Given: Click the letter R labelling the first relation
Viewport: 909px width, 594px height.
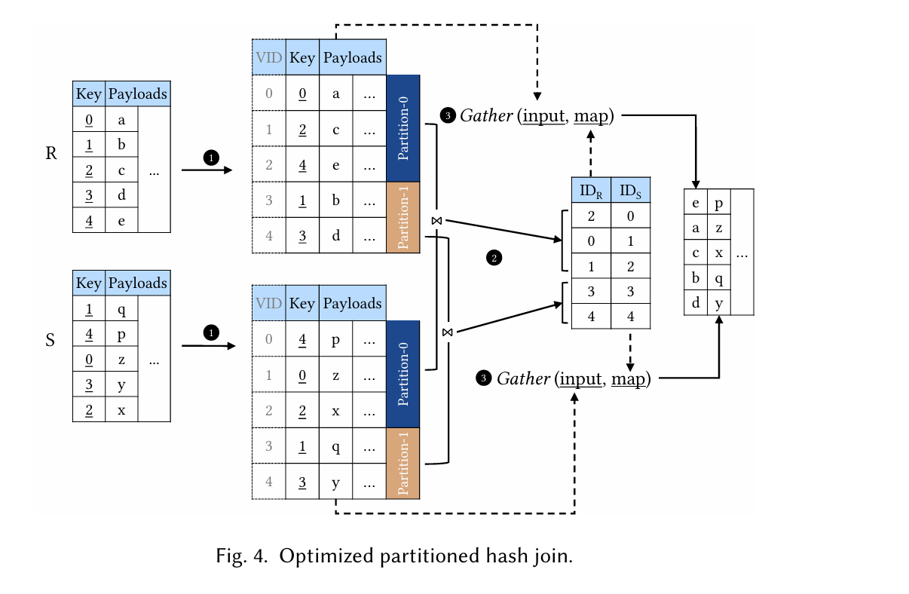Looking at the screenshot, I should [x=51, y=154].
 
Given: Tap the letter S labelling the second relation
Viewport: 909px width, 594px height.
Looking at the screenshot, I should [x=50, y=340].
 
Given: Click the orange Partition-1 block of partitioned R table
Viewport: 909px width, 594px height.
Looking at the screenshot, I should [x=402, y=217].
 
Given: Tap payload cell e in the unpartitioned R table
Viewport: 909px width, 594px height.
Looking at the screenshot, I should [x=122, y=221].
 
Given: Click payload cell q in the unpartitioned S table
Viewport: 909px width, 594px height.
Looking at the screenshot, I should [x=122, y=309].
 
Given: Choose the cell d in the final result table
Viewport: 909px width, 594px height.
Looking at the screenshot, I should [x=696, y=303].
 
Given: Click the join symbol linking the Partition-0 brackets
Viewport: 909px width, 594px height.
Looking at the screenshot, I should [x=436, y=220].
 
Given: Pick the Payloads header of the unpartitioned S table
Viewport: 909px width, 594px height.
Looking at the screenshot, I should [x=137, y=283].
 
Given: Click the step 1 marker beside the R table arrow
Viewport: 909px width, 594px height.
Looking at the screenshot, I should [x=211, y=158].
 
